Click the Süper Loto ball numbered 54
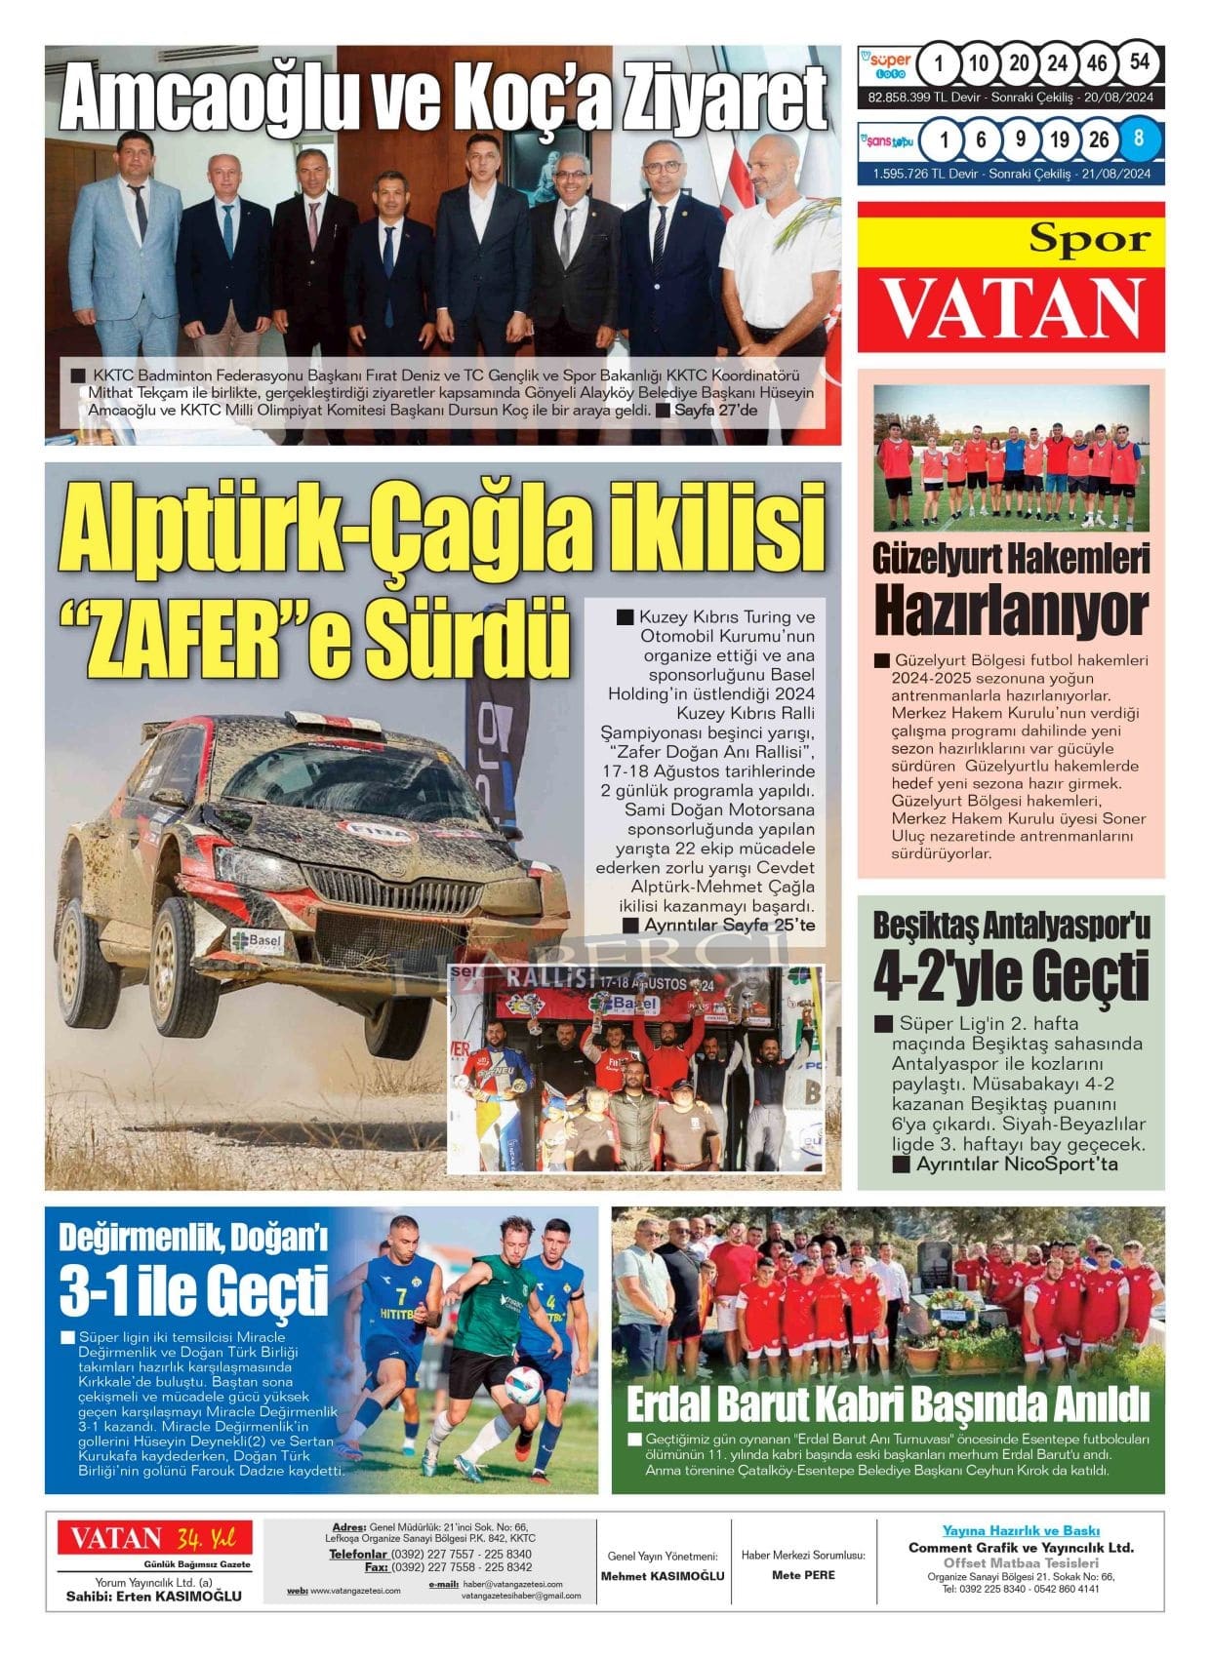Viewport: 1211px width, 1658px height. coord(1139,63)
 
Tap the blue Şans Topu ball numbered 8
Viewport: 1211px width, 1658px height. coord(1139,138)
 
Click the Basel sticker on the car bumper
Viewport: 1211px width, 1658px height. coord(256,941)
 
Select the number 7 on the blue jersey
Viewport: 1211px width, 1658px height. coord(400,1296)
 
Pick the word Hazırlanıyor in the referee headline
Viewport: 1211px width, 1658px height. coord(1010,611)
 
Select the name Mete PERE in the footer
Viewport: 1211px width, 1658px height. coord(803,1574)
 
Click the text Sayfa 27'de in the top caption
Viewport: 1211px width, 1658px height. coord(714,410)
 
